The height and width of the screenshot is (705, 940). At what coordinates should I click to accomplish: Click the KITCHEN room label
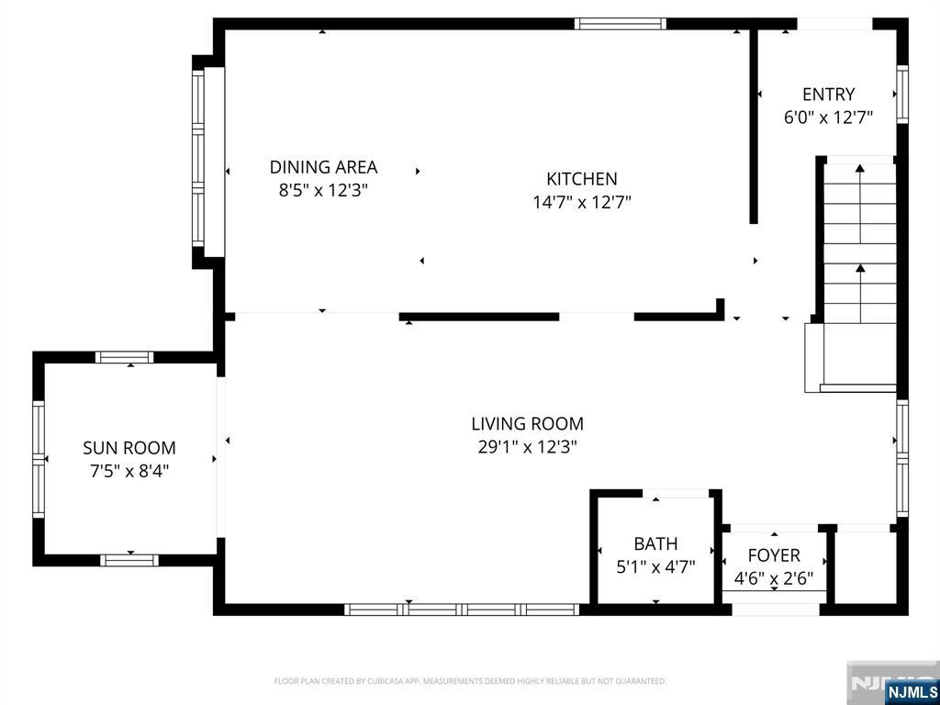point(581,179)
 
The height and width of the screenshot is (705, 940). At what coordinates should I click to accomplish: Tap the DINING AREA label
point(323,167)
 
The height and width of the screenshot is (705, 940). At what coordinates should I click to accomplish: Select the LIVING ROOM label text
point(527,424)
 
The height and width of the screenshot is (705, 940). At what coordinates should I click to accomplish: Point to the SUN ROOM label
point(129,448)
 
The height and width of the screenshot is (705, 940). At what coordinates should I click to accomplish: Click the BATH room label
point(655,543)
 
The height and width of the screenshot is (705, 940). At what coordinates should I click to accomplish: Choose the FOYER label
point(774,555)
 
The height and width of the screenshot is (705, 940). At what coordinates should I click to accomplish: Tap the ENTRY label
point(829,95)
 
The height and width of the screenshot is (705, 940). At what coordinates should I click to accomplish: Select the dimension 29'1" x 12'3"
point(527,448)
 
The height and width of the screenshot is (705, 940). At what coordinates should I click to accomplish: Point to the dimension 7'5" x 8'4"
point(129,472)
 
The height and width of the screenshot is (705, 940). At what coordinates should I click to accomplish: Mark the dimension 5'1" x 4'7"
point(655,567)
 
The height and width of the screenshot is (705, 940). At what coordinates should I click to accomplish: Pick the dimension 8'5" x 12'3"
point(323,191)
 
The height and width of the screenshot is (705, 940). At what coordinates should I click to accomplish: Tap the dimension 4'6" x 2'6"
point(774,579)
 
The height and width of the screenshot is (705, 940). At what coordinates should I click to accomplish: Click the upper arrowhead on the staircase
point(860,169)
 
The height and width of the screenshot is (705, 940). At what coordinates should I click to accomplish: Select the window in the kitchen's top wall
point(621,24)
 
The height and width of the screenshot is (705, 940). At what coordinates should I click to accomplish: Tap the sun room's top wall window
point(125,357)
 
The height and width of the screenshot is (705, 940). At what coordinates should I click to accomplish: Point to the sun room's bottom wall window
point(129,560)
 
